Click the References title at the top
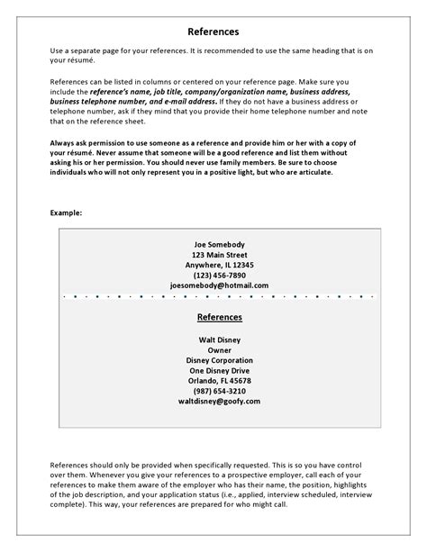click(x=213, y=32)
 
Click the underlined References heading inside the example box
click(x=220, y=318)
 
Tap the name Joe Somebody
click(x=220, y=244)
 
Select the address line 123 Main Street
click(x=220, y=255)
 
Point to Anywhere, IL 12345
click(x=220, y=265)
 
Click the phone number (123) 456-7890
click(x=220, y=275)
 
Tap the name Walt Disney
click(x=220, y=339)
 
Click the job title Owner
click(x=220, y=350)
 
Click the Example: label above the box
click(x=67, y=213)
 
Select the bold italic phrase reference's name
click(x=132, y=92)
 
